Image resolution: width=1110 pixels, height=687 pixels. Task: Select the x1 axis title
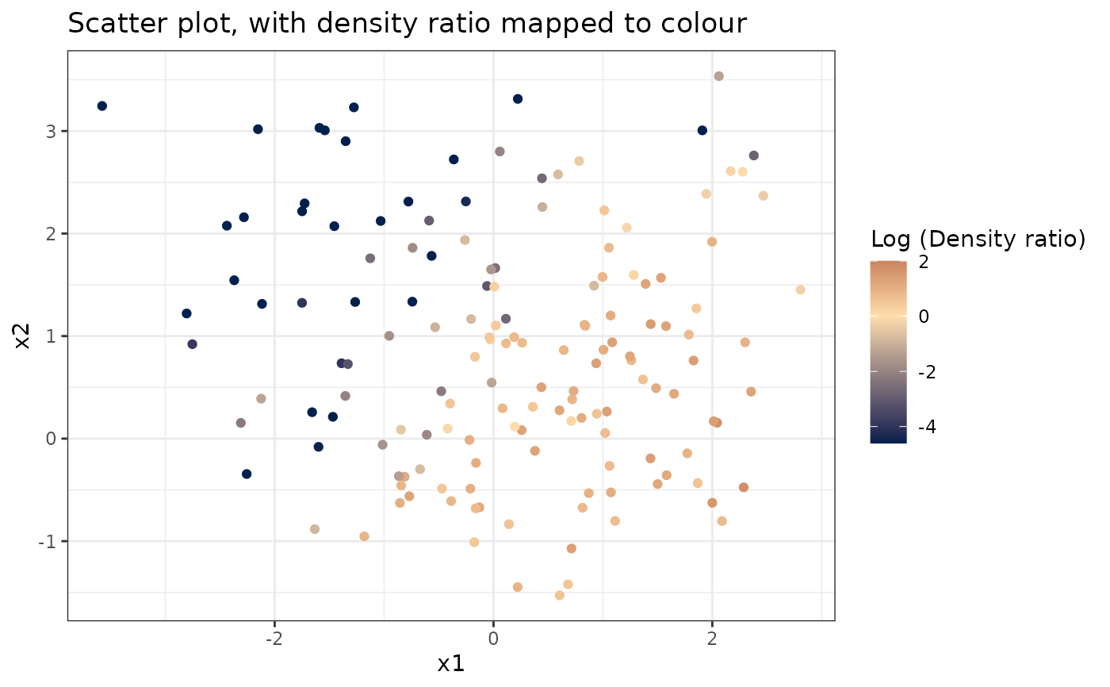click(450, 663)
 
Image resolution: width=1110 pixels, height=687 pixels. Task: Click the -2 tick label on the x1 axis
click(274, 637)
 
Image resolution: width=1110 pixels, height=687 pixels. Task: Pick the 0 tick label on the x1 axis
click(493, 637)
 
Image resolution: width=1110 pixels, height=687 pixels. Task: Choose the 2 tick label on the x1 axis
click(712, 637)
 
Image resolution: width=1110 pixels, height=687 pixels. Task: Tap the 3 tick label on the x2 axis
click(51, 131)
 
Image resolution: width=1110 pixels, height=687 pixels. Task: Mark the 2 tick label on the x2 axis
click(51, 233)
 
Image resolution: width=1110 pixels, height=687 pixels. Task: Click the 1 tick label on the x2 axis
click(51, 336)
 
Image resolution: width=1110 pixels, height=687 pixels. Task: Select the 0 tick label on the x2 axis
click(51, 439)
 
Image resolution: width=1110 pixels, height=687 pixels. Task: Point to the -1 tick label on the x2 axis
click(48, 541)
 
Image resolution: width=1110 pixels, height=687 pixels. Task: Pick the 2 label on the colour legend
click(923, 261)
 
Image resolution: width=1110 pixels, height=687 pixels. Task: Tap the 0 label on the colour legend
click(923, 317)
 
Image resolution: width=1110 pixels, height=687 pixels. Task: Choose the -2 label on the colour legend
click(920, 372)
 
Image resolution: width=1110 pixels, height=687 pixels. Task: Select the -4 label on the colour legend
click(920, 428)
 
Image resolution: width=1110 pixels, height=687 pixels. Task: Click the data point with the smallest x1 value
click(101, 106)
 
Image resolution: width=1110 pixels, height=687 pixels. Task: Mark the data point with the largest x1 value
click(800, 290)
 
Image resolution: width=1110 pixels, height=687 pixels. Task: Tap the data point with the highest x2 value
click(718, 76)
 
